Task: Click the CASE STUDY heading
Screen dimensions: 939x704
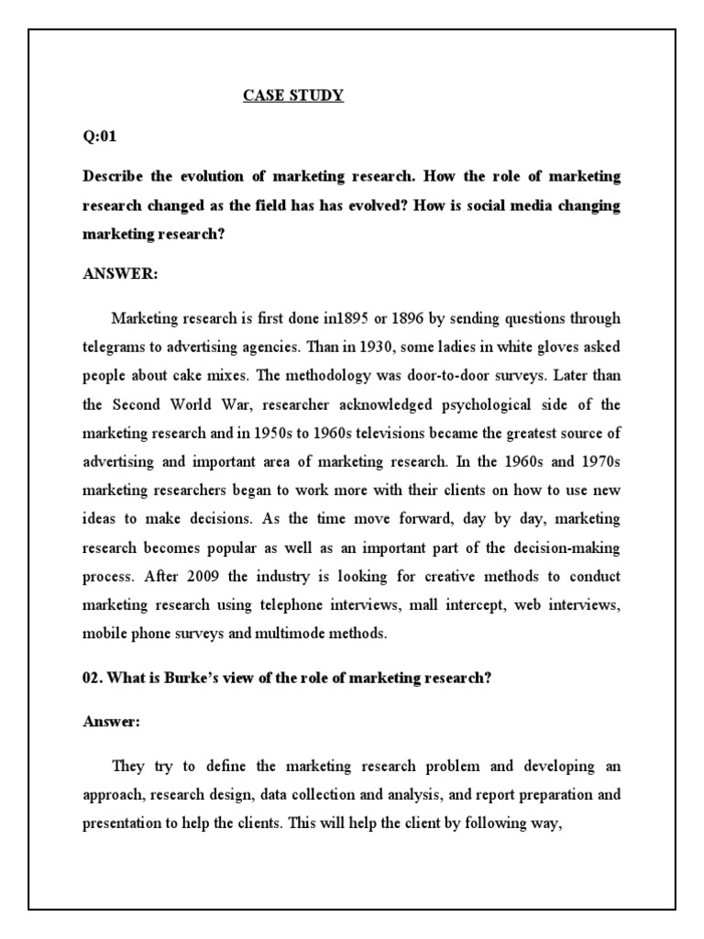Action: coord(293,94)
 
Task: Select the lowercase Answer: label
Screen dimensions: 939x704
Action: coord(112,722)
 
